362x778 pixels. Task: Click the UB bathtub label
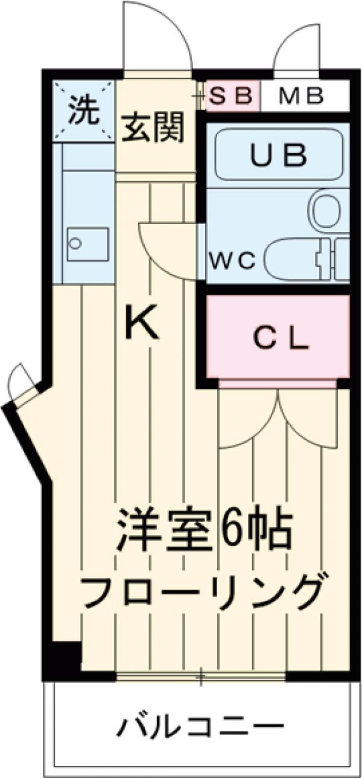(x=279, y=156)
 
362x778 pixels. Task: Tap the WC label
(x=233, y=260)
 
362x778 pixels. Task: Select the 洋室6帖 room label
(x=205, y=529)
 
